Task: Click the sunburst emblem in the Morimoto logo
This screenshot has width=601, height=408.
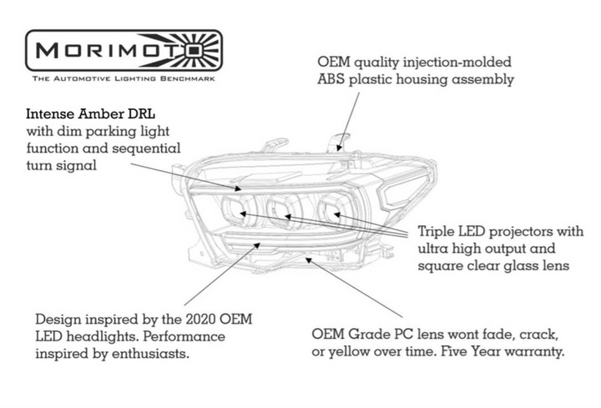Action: point(195,50)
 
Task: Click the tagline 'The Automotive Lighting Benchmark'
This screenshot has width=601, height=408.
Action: point(124,79)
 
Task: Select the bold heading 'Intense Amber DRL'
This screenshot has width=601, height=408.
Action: point(90,113)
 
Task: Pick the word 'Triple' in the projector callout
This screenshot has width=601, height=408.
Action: point(437,232)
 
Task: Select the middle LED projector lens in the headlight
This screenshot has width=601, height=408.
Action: point(283,210)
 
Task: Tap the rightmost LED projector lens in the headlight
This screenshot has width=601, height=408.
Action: point(331,209)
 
